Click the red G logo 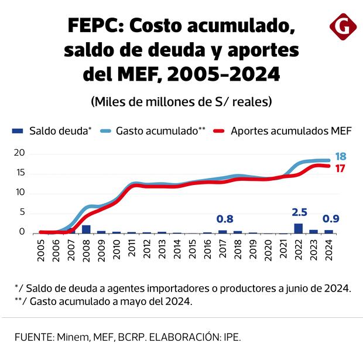pyautogui.click(x=341, y=27)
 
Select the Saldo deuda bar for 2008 pyautogui.click(x=86, y=229)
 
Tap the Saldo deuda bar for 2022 pyautogui.click(x=299, y=228)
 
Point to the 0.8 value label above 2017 pyautogui.click(x=225, y=220)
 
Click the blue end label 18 pyautogui.click(x=340, y=157)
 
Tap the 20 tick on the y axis pyautogui.click(x=19, y=153)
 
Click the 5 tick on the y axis pyautogui.click(x=22, y=212)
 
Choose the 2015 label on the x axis pyautogui.click(x=193, y=250)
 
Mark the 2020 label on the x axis pyautogui.click(x=269, y=250)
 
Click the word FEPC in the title pyautogui.click(x=94, y=26)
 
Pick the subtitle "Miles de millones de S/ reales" pyautogui.click(x=181, y=101)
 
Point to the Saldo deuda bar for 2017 pyautogui.click(x=223, y=232)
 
